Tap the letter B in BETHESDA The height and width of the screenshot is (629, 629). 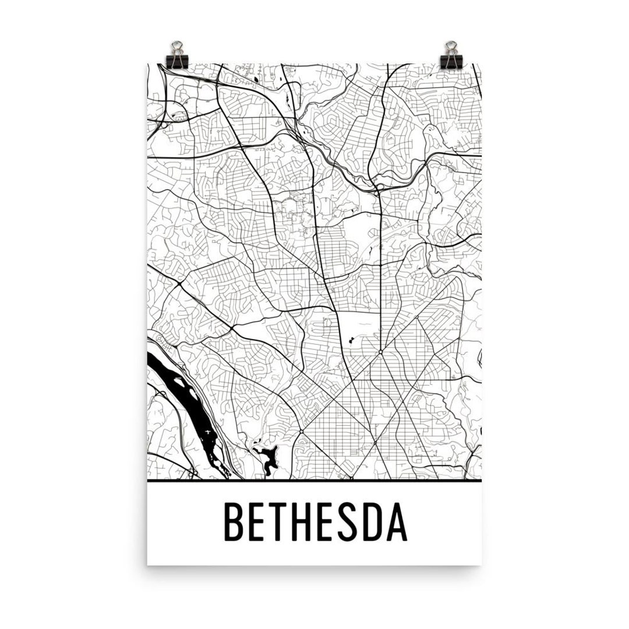coord(235,522)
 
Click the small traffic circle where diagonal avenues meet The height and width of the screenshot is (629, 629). coord(380,352)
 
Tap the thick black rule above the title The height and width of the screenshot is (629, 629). coord(314,483)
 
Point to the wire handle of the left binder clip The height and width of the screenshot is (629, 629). coord(175,46)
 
